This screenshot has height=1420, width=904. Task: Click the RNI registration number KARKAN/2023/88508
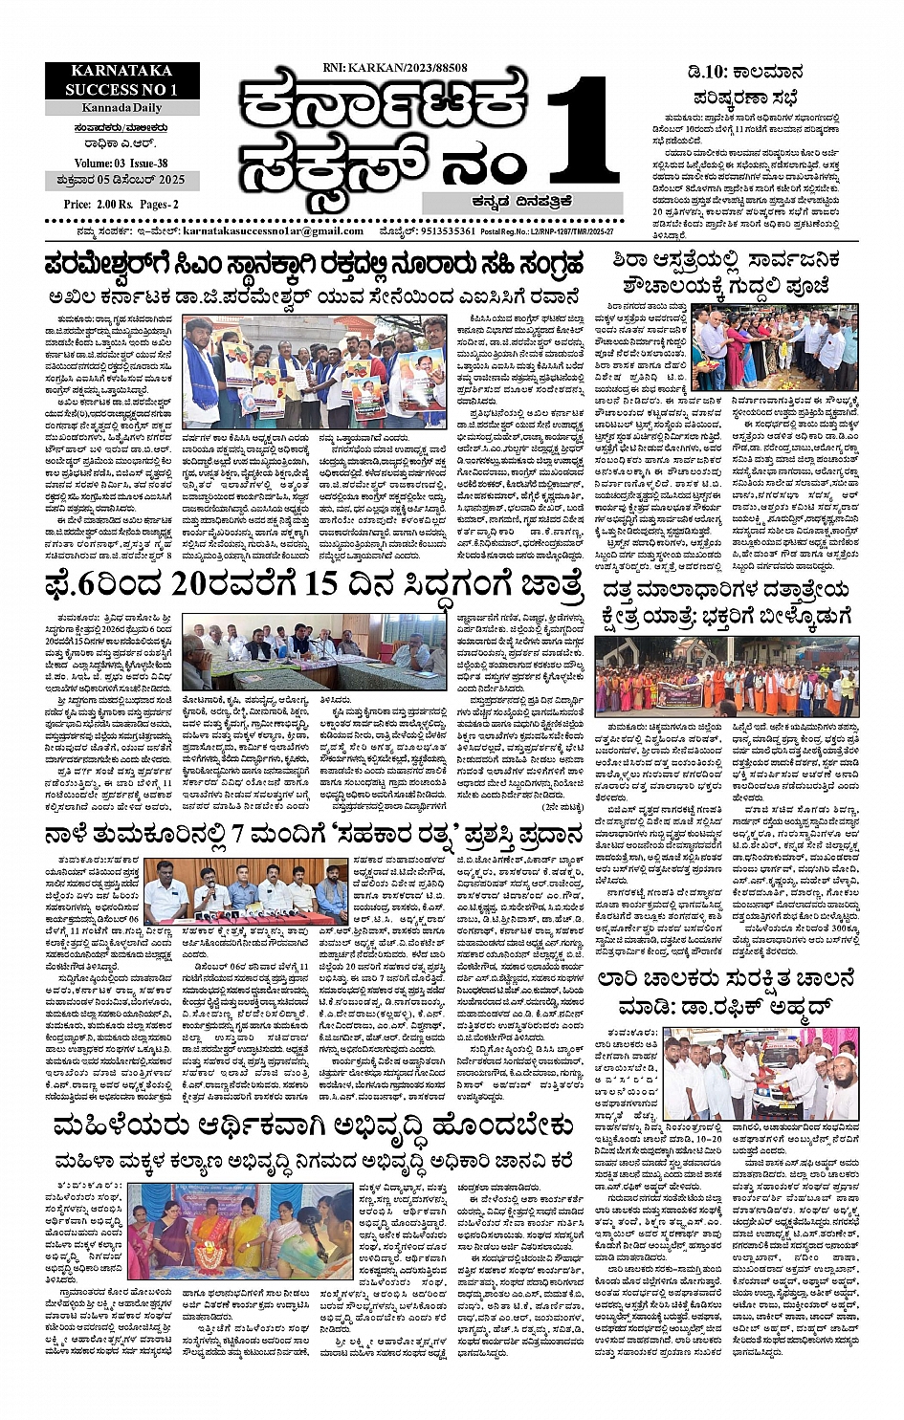click(396, 68)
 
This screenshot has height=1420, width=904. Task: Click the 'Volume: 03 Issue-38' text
click(121, 164)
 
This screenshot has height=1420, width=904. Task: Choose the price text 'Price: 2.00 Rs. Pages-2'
click(121, 204)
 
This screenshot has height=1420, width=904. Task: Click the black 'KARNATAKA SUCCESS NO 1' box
click(121, 80)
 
